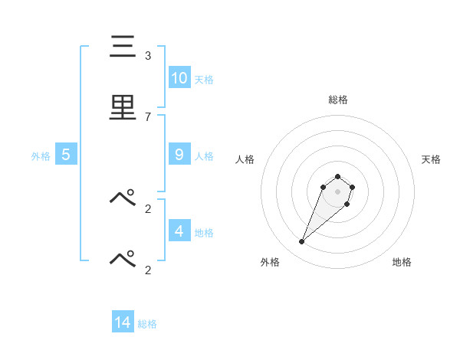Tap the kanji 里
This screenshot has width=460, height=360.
123,107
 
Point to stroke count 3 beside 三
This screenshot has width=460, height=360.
148,55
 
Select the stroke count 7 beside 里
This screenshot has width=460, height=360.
148,116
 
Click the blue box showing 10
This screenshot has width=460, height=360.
179,77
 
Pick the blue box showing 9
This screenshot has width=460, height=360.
179,155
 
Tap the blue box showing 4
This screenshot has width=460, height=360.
179,231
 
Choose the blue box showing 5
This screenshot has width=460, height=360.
66,155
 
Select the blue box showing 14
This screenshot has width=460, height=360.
123,322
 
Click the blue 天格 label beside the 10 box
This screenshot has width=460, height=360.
204,79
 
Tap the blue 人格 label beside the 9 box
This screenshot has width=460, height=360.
204,156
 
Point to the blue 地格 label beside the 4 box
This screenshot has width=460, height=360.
204,232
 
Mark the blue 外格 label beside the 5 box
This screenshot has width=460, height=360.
41,156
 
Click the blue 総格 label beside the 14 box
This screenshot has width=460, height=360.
147,324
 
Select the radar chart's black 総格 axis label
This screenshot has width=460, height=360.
337,100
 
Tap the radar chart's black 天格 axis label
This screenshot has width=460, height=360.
431,159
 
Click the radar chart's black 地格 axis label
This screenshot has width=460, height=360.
402,262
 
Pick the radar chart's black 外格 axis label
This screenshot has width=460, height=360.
270,262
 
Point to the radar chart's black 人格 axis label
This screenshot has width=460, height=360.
245,159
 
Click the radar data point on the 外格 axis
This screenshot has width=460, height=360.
301,242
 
